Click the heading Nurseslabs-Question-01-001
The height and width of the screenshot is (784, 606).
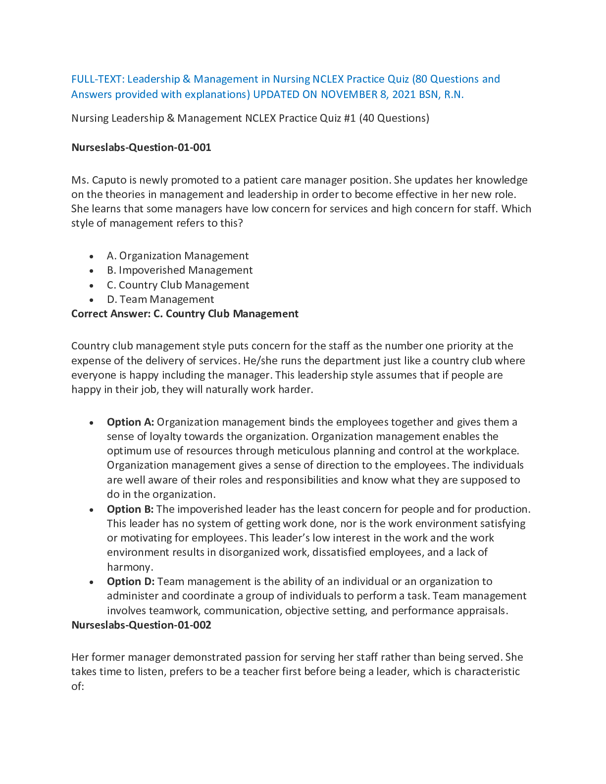141,147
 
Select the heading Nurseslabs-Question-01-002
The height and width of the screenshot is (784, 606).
141,625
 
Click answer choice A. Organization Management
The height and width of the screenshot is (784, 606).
178,256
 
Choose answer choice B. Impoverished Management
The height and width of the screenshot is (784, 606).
180,270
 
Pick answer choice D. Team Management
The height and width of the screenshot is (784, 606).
160,299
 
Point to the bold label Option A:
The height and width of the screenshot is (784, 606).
130,422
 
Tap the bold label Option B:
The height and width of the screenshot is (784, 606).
130,509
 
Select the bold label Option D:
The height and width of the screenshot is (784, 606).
131,582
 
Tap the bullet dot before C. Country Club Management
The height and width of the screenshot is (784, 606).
92,286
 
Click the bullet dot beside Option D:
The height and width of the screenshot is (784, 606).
92,582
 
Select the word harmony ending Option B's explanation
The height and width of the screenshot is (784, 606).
129,567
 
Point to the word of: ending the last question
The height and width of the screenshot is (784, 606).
78,686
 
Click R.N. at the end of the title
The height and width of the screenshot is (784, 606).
454,95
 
